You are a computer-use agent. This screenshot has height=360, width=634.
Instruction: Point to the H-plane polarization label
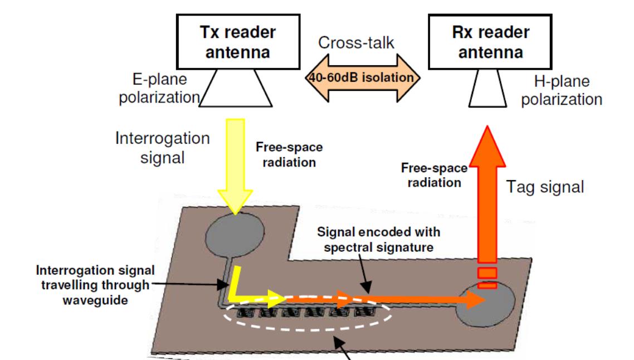567,91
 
